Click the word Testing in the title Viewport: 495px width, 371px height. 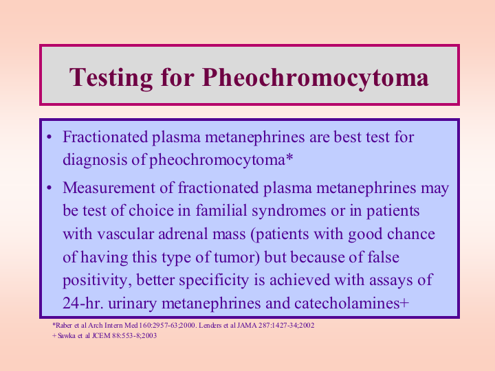(111, 77)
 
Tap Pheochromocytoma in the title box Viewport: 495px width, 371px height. (315, 77)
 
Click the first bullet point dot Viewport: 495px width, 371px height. (49, 137)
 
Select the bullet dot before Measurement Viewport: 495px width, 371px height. (49, 188)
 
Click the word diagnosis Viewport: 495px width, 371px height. (95, 160)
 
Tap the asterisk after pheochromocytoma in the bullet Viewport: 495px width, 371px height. (289, 157)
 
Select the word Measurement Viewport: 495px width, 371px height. (109, 188)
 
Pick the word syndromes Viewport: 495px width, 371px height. (289, 212)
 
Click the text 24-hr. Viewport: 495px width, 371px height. (82, 303)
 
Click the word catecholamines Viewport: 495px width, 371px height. (347, 303)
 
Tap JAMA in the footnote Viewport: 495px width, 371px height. (247, 325)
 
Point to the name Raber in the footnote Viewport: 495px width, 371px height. (64, 325)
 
